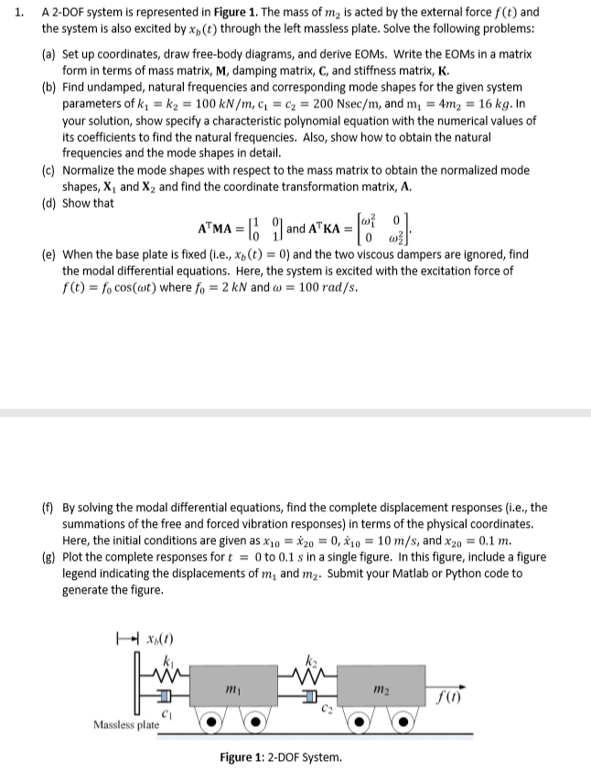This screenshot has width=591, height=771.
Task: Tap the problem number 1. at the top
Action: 12,12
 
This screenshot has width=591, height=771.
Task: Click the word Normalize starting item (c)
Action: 91,170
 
